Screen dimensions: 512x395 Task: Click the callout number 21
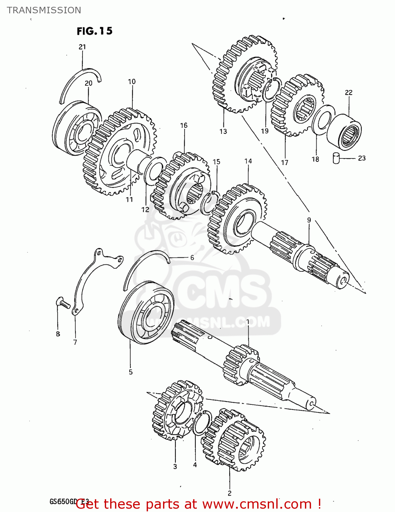coord(82,47)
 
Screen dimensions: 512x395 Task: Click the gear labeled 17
coord(296,105)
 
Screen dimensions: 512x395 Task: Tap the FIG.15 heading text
coord(94,31)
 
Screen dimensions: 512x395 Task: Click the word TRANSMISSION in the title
coord(44,10)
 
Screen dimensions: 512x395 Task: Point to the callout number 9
coord(309,220)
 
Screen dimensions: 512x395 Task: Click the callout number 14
coord(248,161)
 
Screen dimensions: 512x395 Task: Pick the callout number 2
coord(230,493)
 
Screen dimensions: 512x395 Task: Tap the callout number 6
coord(192,257)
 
